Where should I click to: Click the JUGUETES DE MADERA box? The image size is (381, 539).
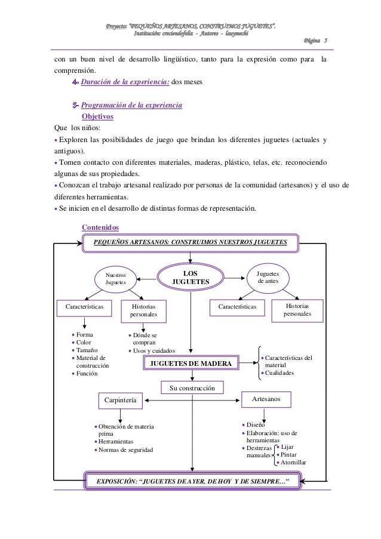(192, 363)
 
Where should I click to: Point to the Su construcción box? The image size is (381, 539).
(192, 389)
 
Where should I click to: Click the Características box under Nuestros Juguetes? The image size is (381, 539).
(84, 306)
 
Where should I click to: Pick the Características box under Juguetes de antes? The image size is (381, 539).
(241, 306)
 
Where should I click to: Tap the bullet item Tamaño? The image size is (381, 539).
(87, 350)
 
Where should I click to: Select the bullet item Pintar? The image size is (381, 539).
(292, 454)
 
